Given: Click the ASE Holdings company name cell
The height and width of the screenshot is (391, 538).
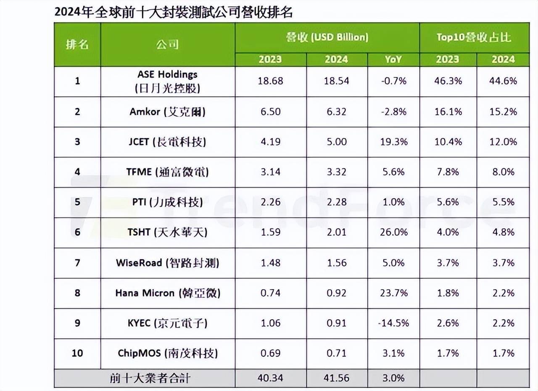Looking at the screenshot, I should [167, 82].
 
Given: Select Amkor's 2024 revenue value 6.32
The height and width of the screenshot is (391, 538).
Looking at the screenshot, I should [337, 111].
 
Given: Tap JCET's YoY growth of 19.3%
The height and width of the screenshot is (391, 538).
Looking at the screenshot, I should [393, 142].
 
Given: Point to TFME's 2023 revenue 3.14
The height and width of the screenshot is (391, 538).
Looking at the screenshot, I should [270, 172].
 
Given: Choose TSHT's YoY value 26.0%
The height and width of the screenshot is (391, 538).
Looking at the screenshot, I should [393, 232].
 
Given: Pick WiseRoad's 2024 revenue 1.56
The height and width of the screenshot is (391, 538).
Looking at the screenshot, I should [337, 263].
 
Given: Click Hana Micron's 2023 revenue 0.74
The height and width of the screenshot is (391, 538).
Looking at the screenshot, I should [270, 293].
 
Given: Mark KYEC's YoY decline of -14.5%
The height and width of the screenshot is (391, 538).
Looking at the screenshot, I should [393, 323].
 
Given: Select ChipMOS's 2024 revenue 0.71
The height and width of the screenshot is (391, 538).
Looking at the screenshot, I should [337, 353].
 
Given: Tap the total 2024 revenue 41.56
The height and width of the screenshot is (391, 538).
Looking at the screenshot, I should [337, 378].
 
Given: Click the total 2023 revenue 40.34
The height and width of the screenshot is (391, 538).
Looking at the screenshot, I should [270, 378].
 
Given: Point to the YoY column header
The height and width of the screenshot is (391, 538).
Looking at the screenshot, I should [393, 59].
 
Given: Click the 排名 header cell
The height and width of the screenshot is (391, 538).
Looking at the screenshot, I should [77, 45].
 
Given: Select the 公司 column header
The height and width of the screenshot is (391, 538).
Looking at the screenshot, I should [167, 45].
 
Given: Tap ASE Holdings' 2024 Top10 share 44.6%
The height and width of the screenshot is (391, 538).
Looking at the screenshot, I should [503, 81].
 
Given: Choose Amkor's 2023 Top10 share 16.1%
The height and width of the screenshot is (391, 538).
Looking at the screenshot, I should [448, 111].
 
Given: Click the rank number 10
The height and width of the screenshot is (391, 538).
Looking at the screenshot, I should [77, 353].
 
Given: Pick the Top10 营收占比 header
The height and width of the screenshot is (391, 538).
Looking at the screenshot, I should [474, 37].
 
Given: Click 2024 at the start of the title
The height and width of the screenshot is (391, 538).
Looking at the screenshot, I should [66, 13].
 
